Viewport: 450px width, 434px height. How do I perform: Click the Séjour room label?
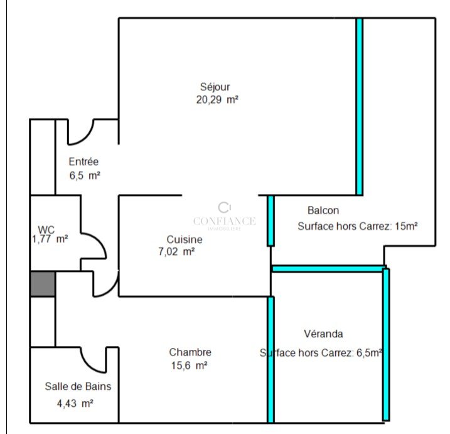tap(215, 87)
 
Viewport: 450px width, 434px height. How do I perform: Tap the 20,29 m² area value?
tap(217, 100)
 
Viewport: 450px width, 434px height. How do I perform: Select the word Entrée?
tap(83, 161)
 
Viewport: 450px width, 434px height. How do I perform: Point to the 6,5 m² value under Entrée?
tap(85, 175)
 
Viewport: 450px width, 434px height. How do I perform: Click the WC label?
tap(46, 230)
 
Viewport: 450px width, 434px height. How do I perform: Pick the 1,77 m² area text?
tap(50, 239)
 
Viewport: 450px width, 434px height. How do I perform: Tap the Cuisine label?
tap(185, 239)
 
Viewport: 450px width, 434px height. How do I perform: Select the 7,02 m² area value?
tap(176, 252)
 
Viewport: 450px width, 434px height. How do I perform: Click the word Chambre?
tap(190, 352)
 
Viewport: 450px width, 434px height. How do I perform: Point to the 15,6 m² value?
tap(189, 366)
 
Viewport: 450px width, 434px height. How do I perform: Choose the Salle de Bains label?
tap(78, 386)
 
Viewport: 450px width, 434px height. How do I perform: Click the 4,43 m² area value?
tap(75, 404)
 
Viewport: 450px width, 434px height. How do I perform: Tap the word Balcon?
tap(323, 210)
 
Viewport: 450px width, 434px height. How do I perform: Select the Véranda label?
tap(323, 334)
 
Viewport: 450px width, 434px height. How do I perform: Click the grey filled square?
tap(43, 284)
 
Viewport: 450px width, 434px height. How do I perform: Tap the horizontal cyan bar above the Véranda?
tap(328, 269)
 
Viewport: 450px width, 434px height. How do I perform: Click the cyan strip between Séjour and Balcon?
tap(360, 107)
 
